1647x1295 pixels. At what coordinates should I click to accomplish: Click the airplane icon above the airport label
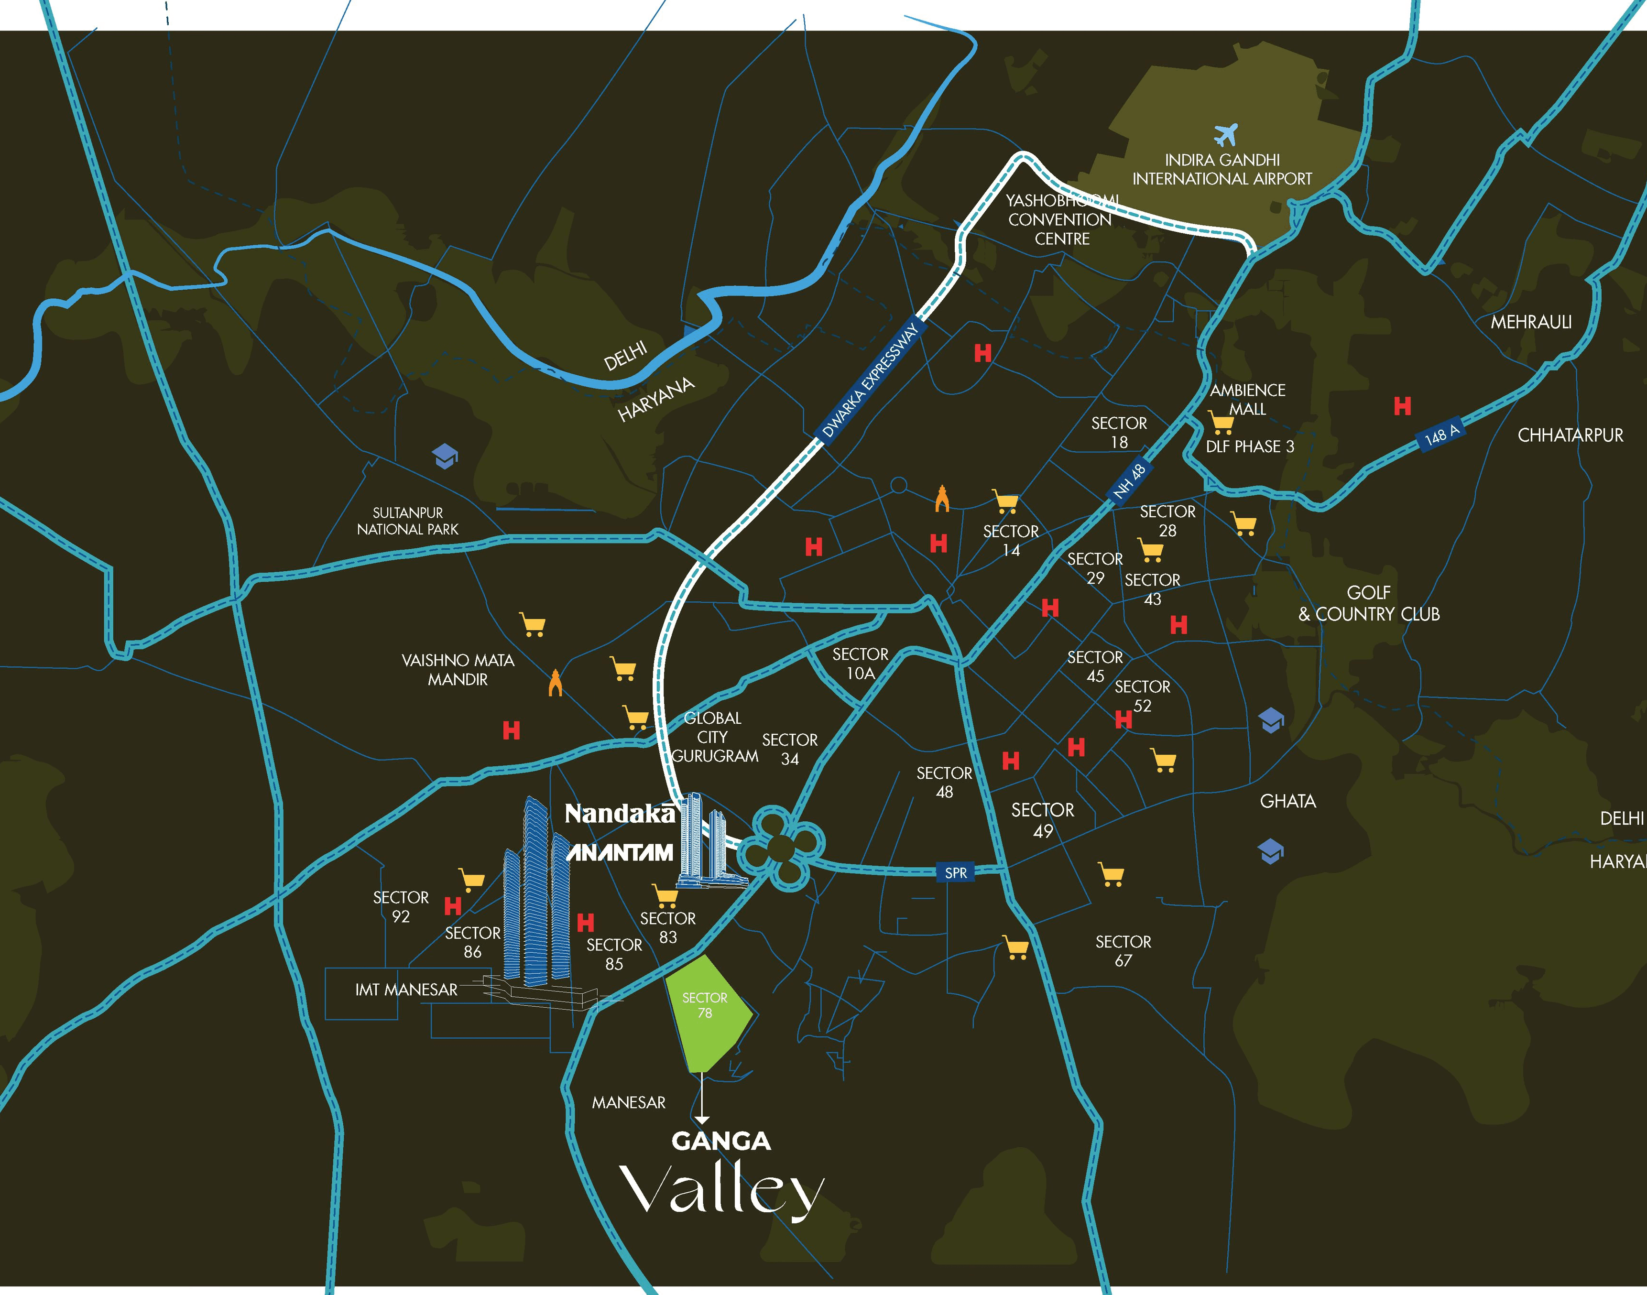point(1225,134)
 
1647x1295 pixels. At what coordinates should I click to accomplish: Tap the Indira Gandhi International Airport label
point(1222,170)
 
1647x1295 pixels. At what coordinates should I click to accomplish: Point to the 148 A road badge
point(1441,435)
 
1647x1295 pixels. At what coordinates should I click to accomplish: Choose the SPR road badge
point(955,873)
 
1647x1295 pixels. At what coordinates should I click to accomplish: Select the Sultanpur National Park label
point(408,521)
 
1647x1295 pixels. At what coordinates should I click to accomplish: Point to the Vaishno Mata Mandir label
point(458,669)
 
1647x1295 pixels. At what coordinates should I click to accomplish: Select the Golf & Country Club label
point(1369,604)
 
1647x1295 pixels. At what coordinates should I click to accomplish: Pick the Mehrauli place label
point(1531,322)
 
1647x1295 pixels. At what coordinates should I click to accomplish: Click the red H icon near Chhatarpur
point(1402,406)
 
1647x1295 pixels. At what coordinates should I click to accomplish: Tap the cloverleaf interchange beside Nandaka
point(781,847)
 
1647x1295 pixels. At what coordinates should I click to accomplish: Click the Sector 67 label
point(1123,951)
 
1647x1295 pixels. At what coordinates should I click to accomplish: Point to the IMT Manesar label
point(406,990)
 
